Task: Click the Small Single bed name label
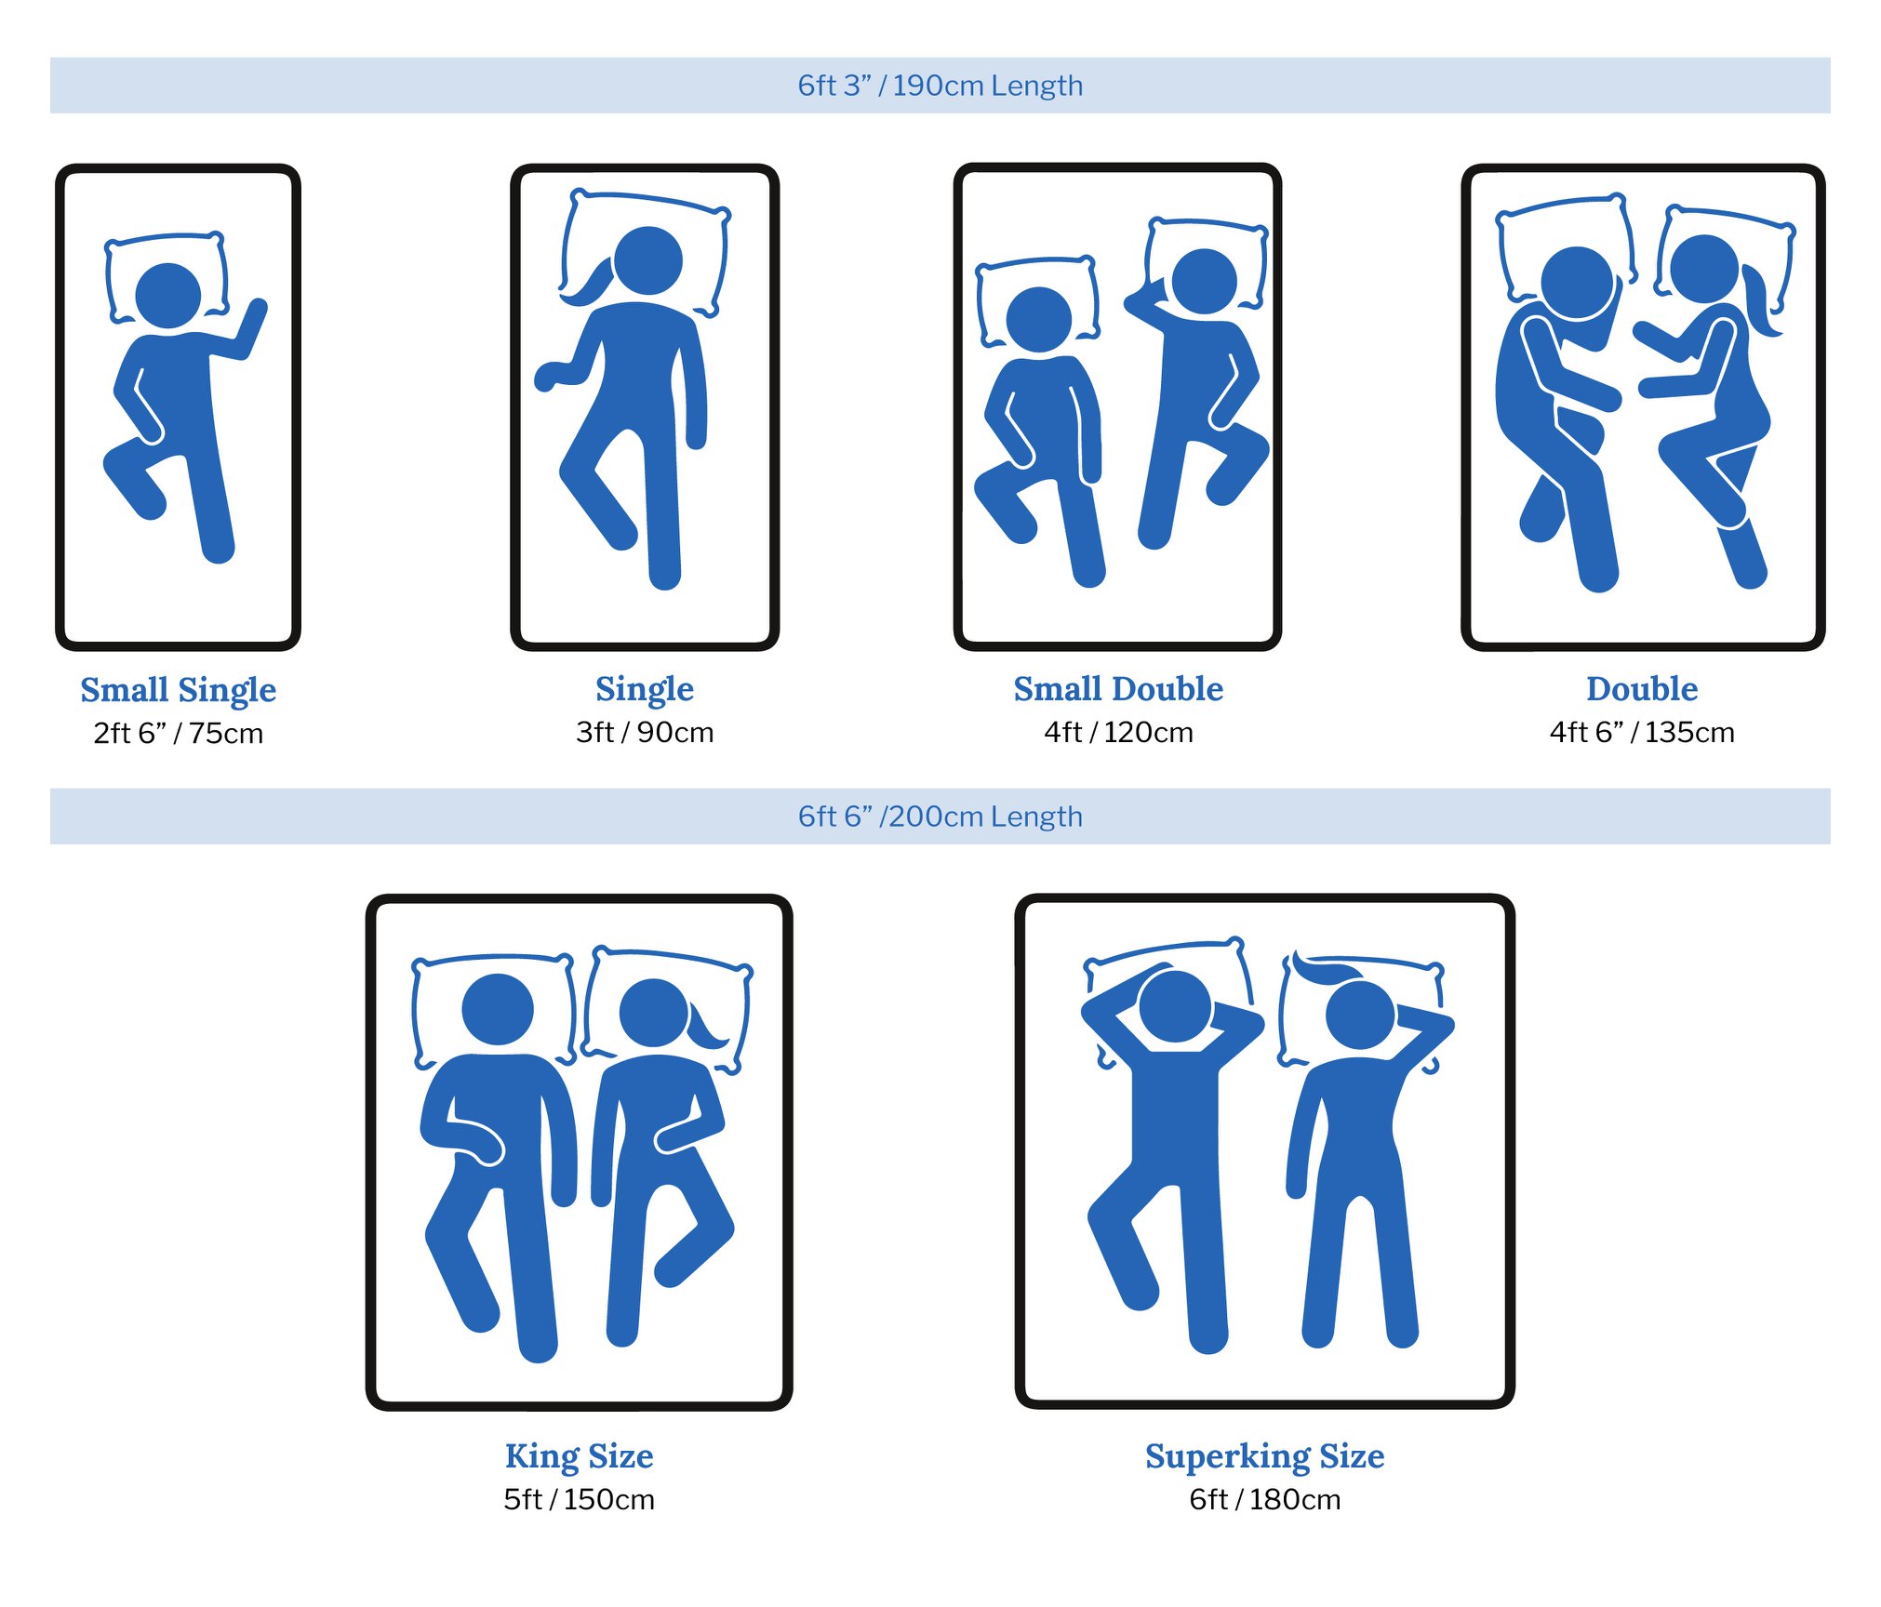coord(178,690)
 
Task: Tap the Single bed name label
coord(645,689)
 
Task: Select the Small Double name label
coord(1118,688)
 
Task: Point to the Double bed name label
coord(1642,688)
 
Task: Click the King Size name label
coord(579,1456)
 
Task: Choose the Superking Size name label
coord(1264,1456)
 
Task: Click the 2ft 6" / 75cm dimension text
coord(178,734)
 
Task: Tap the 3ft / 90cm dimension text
coord(645,733)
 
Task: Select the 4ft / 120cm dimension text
coord(1118,733)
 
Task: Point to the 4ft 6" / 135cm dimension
coord(1642,733)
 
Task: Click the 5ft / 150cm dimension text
coord(579,1500)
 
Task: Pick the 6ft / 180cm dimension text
coord(1264,1500)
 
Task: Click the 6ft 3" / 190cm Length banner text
coord(940,86)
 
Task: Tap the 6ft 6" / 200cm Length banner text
coord(940,817)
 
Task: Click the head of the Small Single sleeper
coord(168,296)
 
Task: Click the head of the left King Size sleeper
coord(498,1009)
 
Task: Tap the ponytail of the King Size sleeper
coord(707,1027)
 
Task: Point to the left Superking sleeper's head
coord(1176,1006)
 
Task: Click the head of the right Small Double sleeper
coord(1205,281)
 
